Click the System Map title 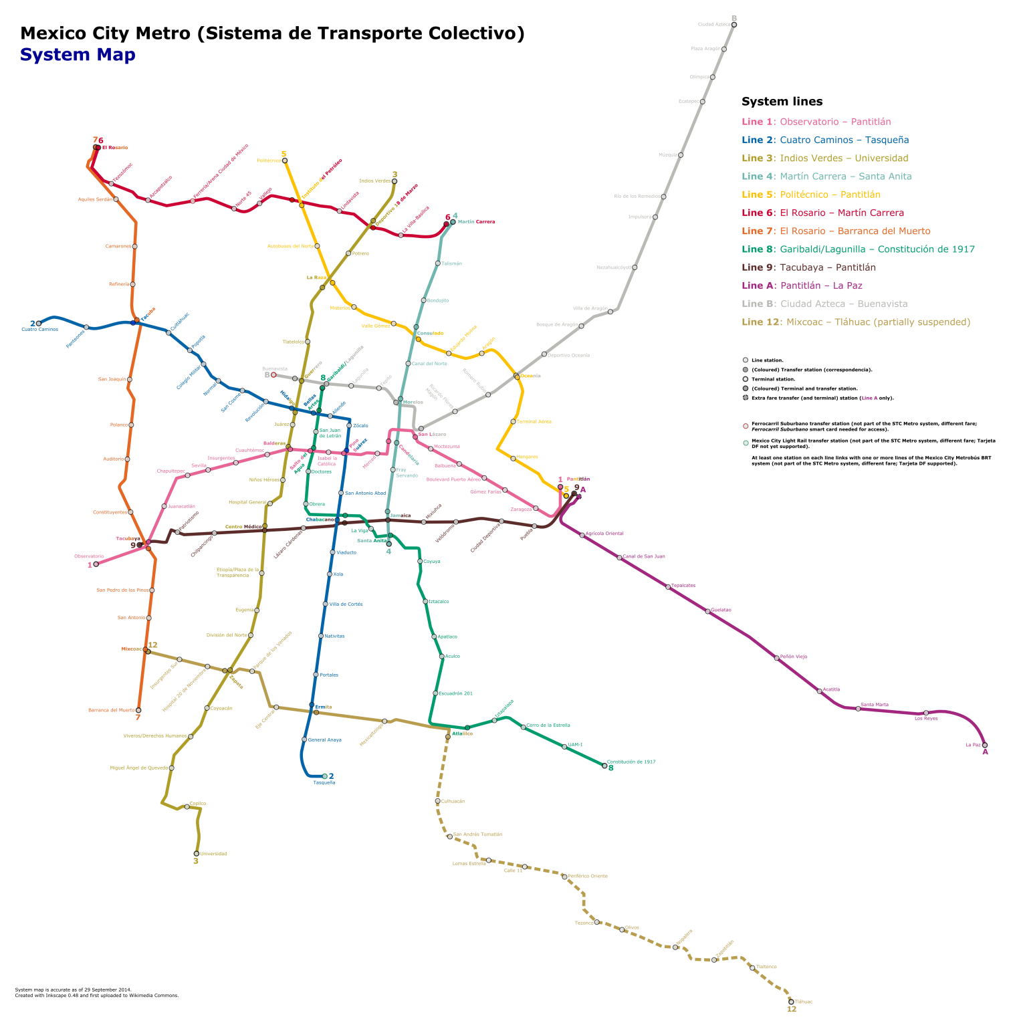(78, 55)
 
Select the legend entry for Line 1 (816, 122)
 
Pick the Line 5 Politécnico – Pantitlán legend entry (810, 195)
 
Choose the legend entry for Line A (802, 286)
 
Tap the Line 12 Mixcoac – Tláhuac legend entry (855, 322)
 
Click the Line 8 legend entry (858, 249)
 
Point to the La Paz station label (973, 745)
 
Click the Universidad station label (213, 854)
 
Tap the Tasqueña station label (324, 782)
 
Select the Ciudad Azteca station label (714, 25)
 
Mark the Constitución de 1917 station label (631, 762)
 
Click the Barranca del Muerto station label (111, 710)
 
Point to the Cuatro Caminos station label (40, 329)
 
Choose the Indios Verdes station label (374, 181)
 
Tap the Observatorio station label (89, 556)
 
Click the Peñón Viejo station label (794, 657)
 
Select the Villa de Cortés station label (346, 604)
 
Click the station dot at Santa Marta (858, 709)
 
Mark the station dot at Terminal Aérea (514, 422)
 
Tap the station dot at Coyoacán (207, 708)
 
